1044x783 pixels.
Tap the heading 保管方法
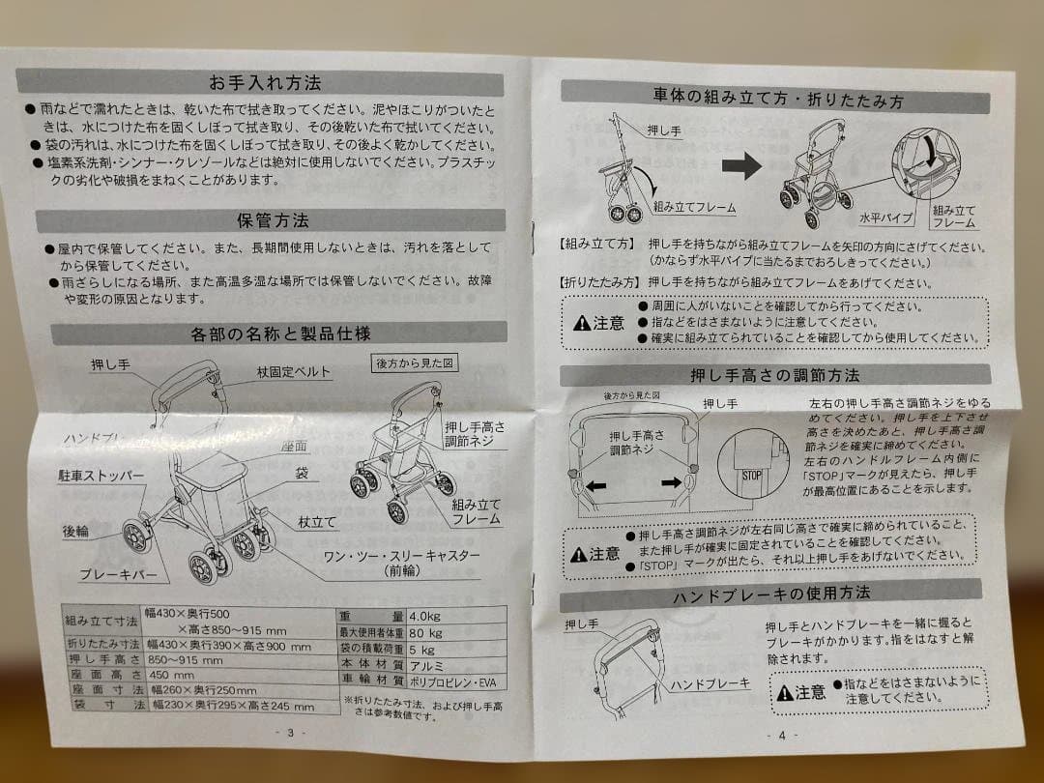pos(273,220)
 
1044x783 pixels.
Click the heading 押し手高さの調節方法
pos(774,374)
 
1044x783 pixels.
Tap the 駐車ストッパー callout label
pos(101,477)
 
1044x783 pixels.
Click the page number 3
pos(290,733)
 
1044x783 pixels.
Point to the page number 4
pos(782,735)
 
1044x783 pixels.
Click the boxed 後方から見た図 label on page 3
pos(413,363)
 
